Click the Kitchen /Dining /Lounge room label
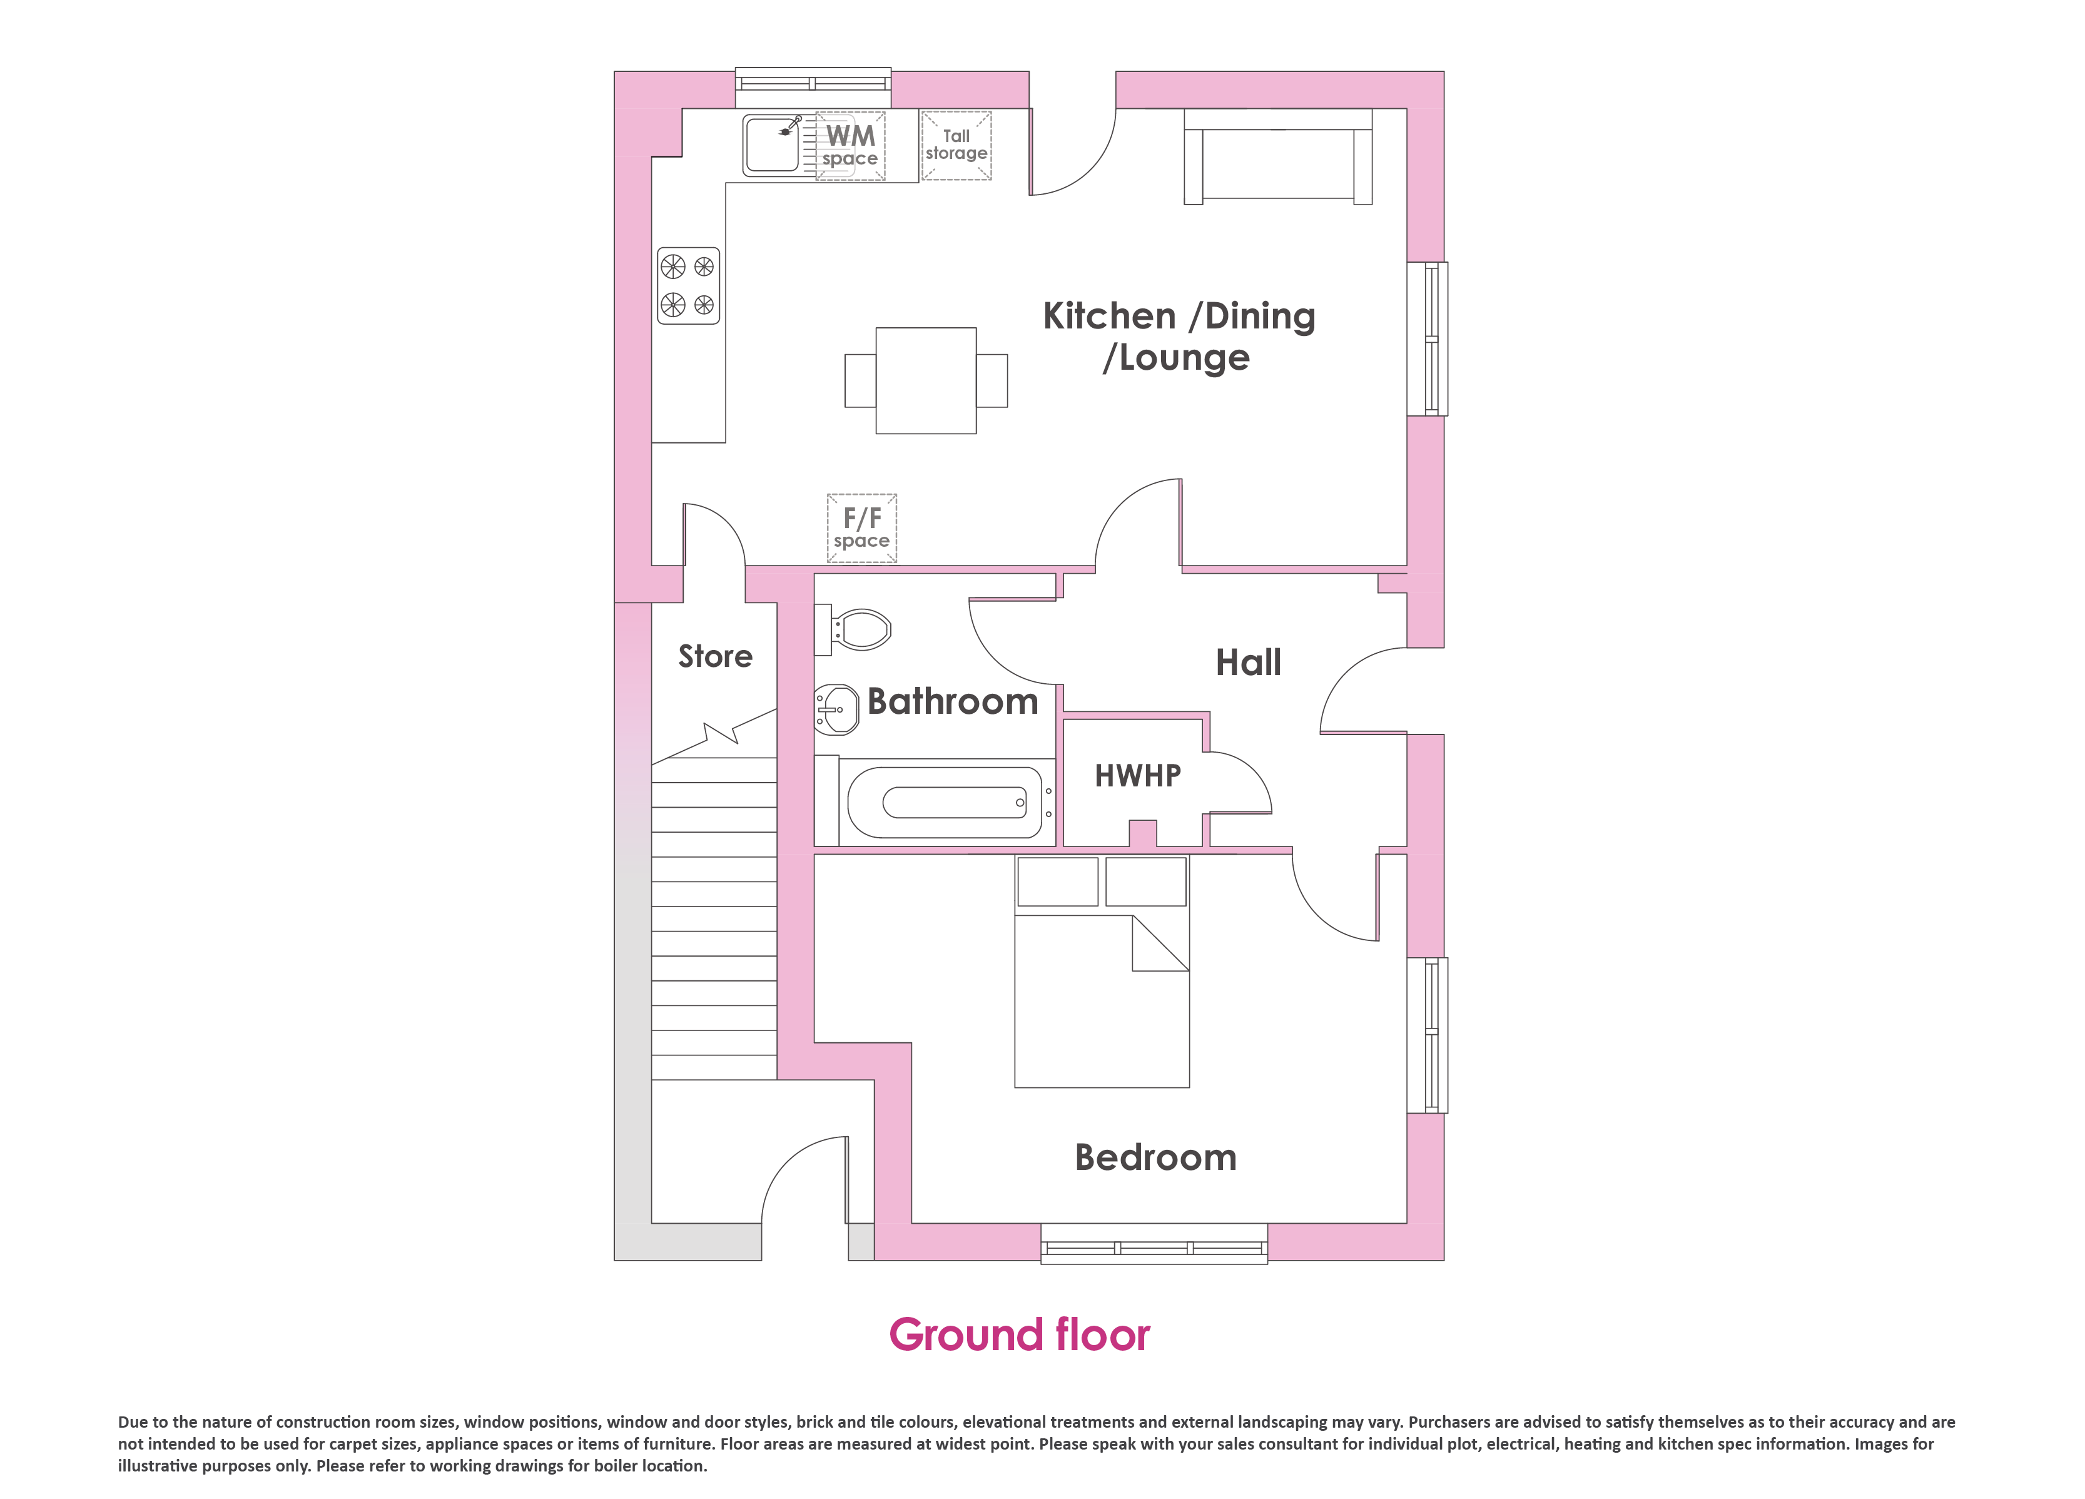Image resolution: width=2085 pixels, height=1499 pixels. point(1179,337)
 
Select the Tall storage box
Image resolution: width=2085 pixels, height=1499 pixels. point(956,145)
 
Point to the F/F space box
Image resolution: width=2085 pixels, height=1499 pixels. point(861,528)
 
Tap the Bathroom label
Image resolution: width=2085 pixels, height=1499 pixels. point(952,702)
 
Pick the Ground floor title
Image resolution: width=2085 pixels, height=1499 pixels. point(1020,1335)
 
